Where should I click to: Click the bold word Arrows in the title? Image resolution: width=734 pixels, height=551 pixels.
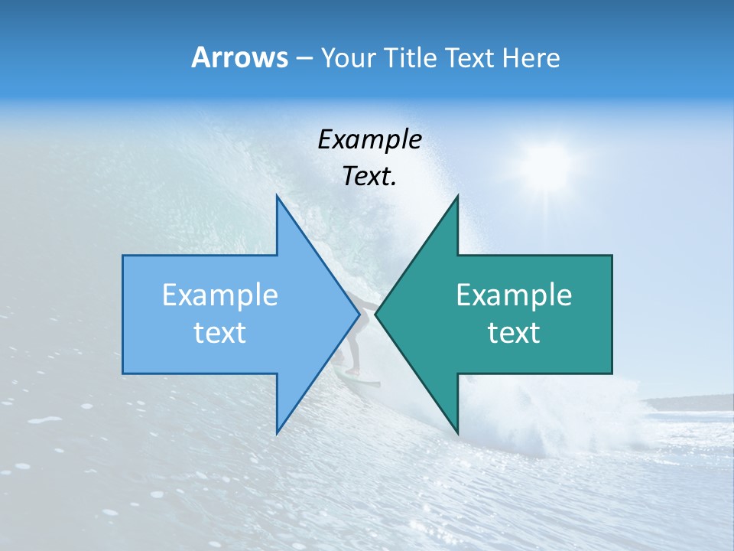(x=239, y=57)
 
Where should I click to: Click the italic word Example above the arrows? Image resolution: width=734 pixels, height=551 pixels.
(x=369, y=140)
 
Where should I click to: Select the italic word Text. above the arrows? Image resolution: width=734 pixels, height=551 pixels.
(x=369, y=177)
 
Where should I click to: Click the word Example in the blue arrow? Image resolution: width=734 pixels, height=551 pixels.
(x=219, y=295)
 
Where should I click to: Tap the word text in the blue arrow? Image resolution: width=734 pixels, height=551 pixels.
(x=219, y=333)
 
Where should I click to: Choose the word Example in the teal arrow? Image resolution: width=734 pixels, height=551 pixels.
(x=514, y=295)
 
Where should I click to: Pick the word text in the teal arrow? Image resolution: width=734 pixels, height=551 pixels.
(x=514, y=333)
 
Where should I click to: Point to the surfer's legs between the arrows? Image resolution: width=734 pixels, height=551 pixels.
(x=352, y=348)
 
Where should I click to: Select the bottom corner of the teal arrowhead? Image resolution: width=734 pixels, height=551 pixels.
(x=457, y=432)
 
